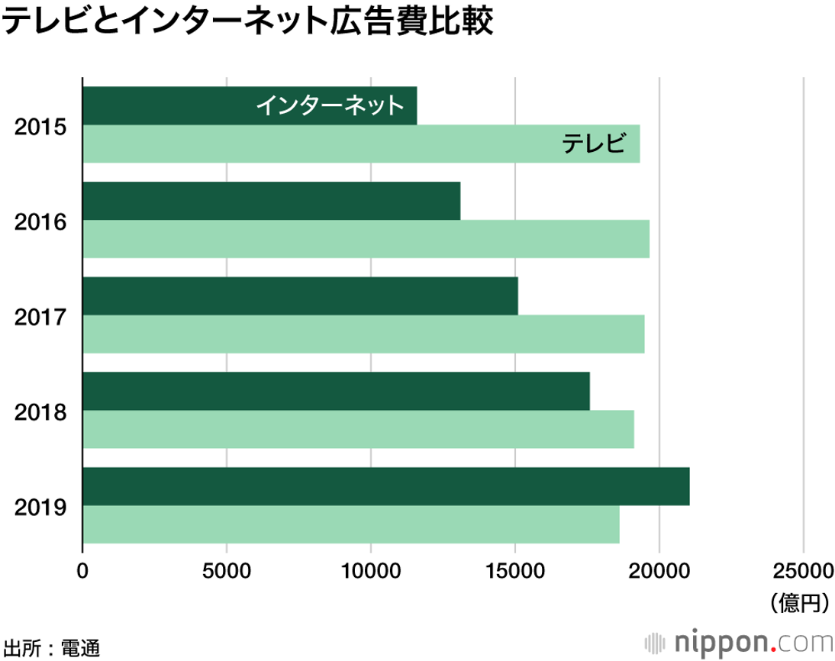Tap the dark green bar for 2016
point(271,201)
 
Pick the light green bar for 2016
point(366,239)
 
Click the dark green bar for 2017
point(300,296)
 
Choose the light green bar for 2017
point(363,334)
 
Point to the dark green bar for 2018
point(336,392)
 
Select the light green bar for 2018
point(358,430)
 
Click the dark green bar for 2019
point(385,486)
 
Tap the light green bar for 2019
point(351,524)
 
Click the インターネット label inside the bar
point(329,105)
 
